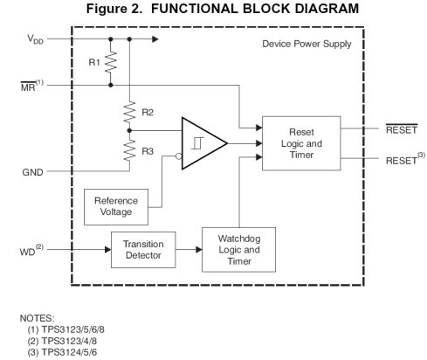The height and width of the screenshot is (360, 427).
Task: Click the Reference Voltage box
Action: [x=116, y=207]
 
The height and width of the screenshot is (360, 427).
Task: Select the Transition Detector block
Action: [x=143, y=250]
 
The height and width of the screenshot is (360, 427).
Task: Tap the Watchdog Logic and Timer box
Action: [x=238, y=250]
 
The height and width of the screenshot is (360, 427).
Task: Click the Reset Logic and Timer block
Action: [x=301, y=143]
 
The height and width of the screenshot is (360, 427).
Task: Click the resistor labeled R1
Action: [x=111, y=62]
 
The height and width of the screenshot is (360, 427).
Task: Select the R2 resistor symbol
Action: [x=129, y=112]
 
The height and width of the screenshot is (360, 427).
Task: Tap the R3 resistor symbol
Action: [x=129, y=150]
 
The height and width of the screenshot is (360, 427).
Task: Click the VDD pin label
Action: [x=35, y=39]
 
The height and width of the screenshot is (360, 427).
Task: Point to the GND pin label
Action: [x=32, y=172]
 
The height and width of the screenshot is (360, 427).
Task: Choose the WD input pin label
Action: [x=31, y=251]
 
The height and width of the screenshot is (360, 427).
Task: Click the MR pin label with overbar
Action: [x=32, y=86]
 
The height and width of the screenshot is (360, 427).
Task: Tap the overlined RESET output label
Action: [x=402, y=129]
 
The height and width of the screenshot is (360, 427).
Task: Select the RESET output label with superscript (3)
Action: [x=405, y=159]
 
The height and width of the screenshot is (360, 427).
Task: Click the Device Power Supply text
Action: [x=306, y=44]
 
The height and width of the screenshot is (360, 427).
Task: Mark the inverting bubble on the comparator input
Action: [x=179, y=156]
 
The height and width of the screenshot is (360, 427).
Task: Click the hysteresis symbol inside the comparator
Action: [x=197, y=143]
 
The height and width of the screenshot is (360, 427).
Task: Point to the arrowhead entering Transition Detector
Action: [x=107, y=250]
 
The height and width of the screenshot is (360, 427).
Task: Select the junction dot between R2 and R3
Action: [x=129, y=131]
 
